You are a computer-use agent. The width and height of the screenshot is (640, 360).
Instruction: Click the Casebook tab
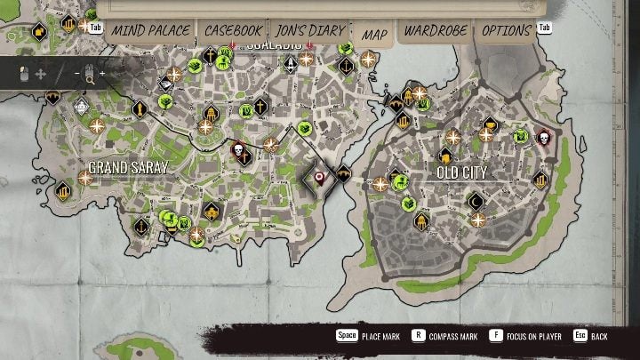[x=233, y=30]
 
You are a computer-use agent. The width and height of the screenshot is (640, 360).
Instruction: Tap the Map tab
[x=373, y=34]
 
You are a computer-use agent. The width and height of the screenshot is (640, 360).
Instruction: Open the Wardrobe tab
[x=435, y=30]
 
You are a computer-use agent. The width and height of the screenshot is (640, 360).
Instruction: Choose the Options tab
[x=507, y=30]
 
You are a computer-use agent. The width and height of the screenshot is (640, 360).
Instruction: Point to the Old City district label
[x=461, y=172]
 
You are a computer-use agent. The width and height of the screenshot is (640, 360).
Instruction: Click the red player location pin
[x=318, y=179]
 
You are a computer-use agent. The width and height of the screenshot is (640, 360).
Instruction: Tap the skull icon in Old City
[x=543, y=139]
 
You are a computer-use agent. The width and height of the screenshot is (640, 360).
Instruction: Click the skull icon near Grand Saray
[x=238, y=151]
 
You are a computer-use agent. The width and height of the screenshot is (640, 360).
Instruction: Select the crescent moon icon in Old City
[x=476, y=201]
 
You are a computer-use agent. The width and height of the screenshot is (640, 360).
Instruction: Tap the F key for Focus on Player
[x=496, y=336]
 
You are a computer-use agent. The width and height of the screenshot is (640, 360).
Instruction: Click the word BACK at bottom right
[x=599, y=337]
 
